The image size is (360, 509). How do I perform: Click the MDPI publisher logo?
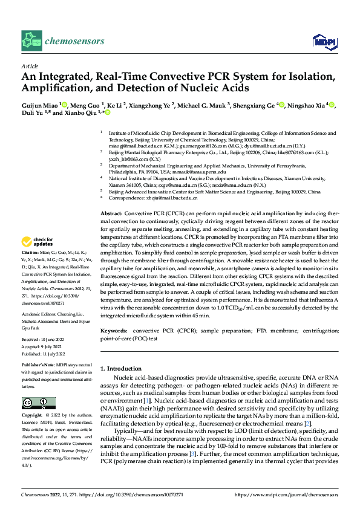coord(324,41)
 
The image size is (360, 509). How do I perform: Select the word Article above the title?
coord(30,65)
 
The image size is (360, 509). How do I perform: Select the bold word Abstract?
coord(111,214)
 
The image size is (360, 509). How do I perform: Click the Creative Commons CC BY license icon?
coord(38,403)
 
